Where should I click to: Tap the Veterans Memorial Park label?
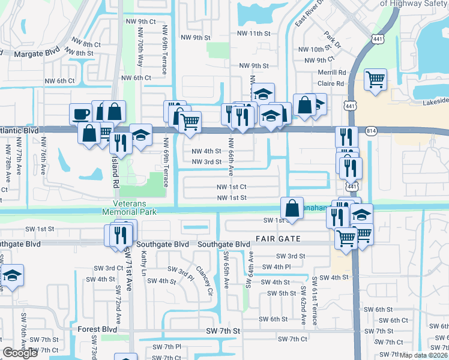(129, 208)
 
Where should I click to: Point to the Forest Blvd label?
(97, 329)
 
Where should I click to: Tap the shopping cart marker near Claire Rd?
(375, 79)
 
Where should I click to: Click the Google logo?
(20, 353)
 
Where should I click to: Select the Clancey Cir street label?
(203, 278)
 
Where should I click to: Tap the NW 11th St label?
(255, 34)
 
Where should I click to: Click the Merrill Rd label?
(333, 72)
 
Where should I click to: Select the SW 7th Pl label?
(167, 347)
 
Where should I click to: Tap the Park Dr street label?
(332, 40)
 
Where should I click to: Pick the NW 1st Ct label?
(231, 187)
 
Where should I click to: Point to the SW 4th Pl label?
(276, 266)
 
